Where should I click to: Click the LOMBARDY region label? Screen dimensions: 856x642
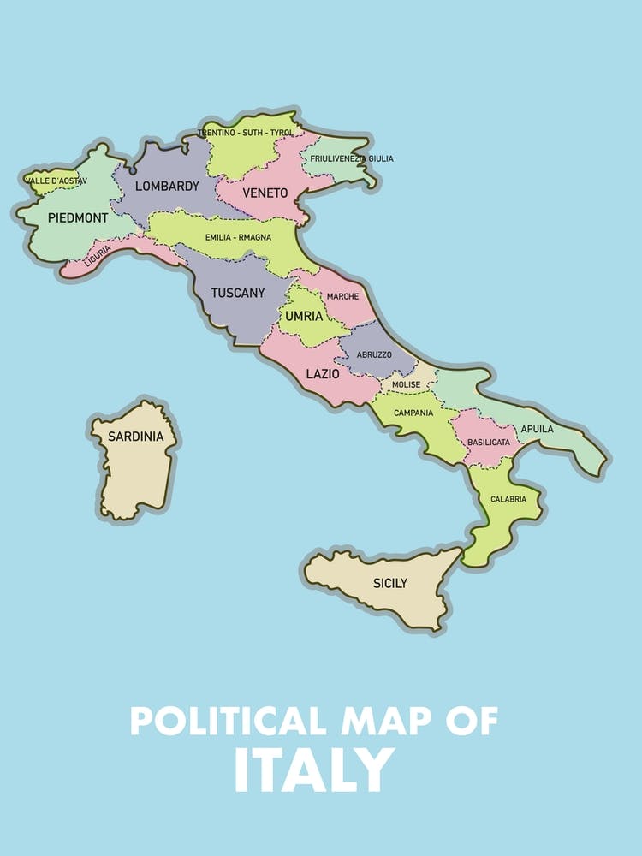[x=167, y=186]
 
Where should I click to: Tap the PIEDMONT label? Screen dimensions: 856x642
[x=78, y=218]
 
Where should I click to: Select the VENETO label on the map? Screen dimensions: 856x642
[x=265, y=193]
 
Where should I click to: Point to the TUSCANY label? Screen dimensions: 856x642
[x=238, y=293]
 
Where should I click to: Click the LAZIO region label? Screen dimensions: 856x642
[x=323, y=374]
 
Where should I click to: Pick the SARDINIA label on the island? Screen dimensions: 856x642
[x=134, y=437]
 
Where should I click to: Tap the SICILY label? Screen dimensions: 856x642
[x=389, y=584]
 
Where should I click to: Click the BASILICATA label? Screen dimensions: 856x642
[x=489, y=443]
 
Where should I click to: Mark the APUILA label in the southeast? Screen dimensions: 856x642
[x=537, y=429]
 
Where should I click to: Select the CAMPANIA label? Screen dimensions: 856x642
[x=413, y=413]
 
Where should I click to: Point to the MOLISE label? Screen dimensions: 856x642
[x=406, y=385]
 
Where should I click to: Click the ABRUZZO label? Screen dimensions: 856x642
[x=374, y=354]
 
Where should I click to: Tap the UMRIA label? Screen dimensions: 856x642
[x=304, y=316]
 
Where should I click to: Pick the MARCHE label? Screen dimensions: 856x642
[x=342, y=296]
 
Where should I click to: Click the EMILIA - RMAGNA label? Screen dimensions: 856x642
[x=238, y=237]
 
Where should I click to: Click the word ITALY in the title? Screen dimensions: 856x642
[x=314, y=770]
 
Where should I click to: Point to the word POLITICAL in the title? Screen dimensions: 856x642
[x=222, y=721]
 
